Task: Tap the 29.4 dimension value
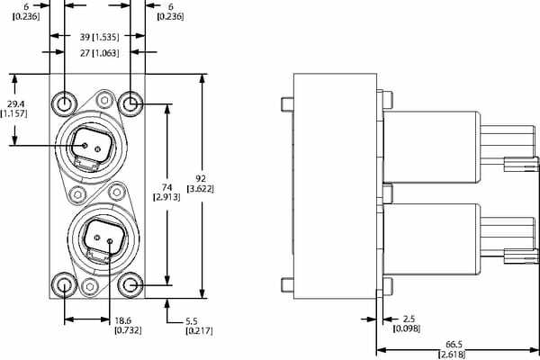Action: pyautogui.click(x=15, y=103)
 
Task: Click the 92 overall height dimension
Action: pyautogui.click(x=199, y=178)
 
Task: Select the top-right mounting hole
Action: pyautogui.click(x=130, y=104)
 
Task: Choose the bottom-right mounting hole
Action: pyautogui.click(x=130, y=286)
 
